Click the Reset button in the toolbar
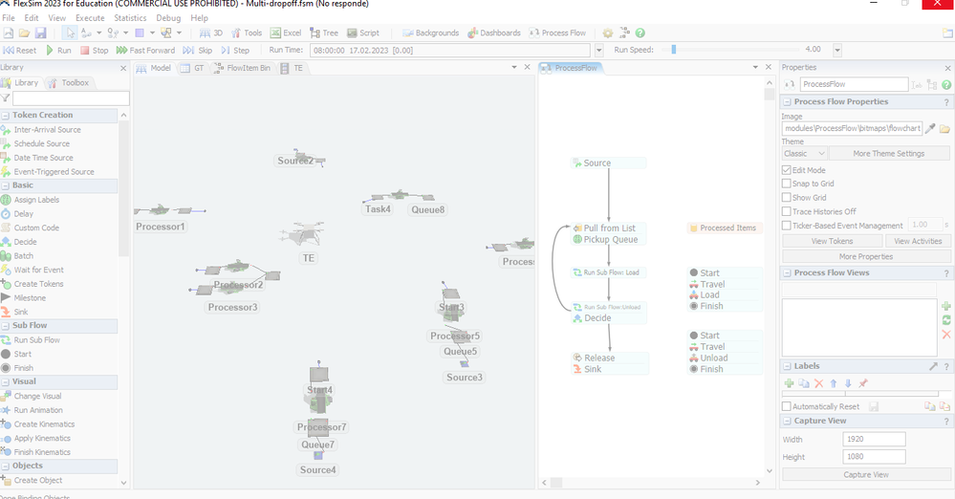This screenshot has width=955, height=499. click(20, 50)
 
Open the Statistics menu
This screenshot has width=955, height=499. click(130, 18)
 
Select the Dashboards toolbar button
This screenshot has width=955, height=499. click(494, 33)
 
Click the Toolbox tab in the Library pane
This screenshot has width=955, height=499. click(75, 83)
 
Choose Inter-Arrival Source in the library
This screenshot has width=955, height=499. click(47, 130)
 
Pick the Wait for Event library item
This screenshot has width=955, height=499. click(38, 270)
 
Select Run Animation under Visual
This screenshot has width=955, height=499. click(38, 410)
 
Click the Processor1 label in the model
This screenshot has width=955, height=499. click(160, 227)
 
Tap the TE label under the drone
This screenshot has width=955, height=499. click(308, 258)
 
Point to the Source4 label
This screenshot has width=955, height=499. click(318, 469)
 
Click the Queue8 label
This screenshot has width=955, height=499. click(428, 209)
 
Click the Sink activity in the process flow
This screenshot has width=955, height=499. click(594, 369)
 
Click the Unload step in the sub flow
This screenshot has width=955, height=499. click(714, 358)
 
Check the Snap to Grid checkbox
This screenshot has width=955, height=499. click(787, 184)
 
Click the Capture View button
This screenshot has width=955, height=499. click(865, 474)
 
